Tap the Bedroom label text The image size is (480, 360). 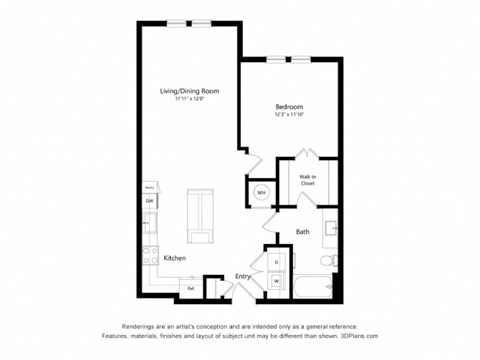click(289, 106)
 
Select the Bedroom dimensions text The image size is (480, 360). click(289, 114)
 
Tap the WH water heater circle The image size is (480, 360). click(261, 192)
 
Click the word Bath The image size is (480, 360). click(302, 232)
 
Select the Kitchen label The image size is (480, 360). click(175, 258)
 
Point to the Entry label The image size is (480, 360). click(243, 276)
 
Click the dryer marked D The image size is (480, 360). click(276, 262)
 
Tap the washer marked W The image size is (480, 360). click(276, 281)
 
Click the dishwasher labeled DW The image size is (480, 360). click(149, 201)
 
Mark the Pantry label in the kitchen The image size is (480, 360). click(149, 187)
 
